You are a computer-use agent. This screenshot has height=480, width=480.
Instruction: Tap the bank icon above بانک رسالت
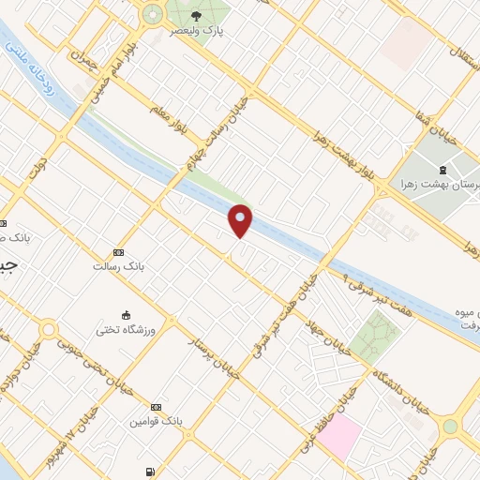(118, 252)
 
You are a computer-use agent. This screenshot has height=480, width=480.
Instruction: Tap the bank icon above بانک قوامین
(156, 406)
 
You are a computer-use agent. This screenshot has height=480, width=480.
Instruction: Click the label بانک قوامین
(156, 421)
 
